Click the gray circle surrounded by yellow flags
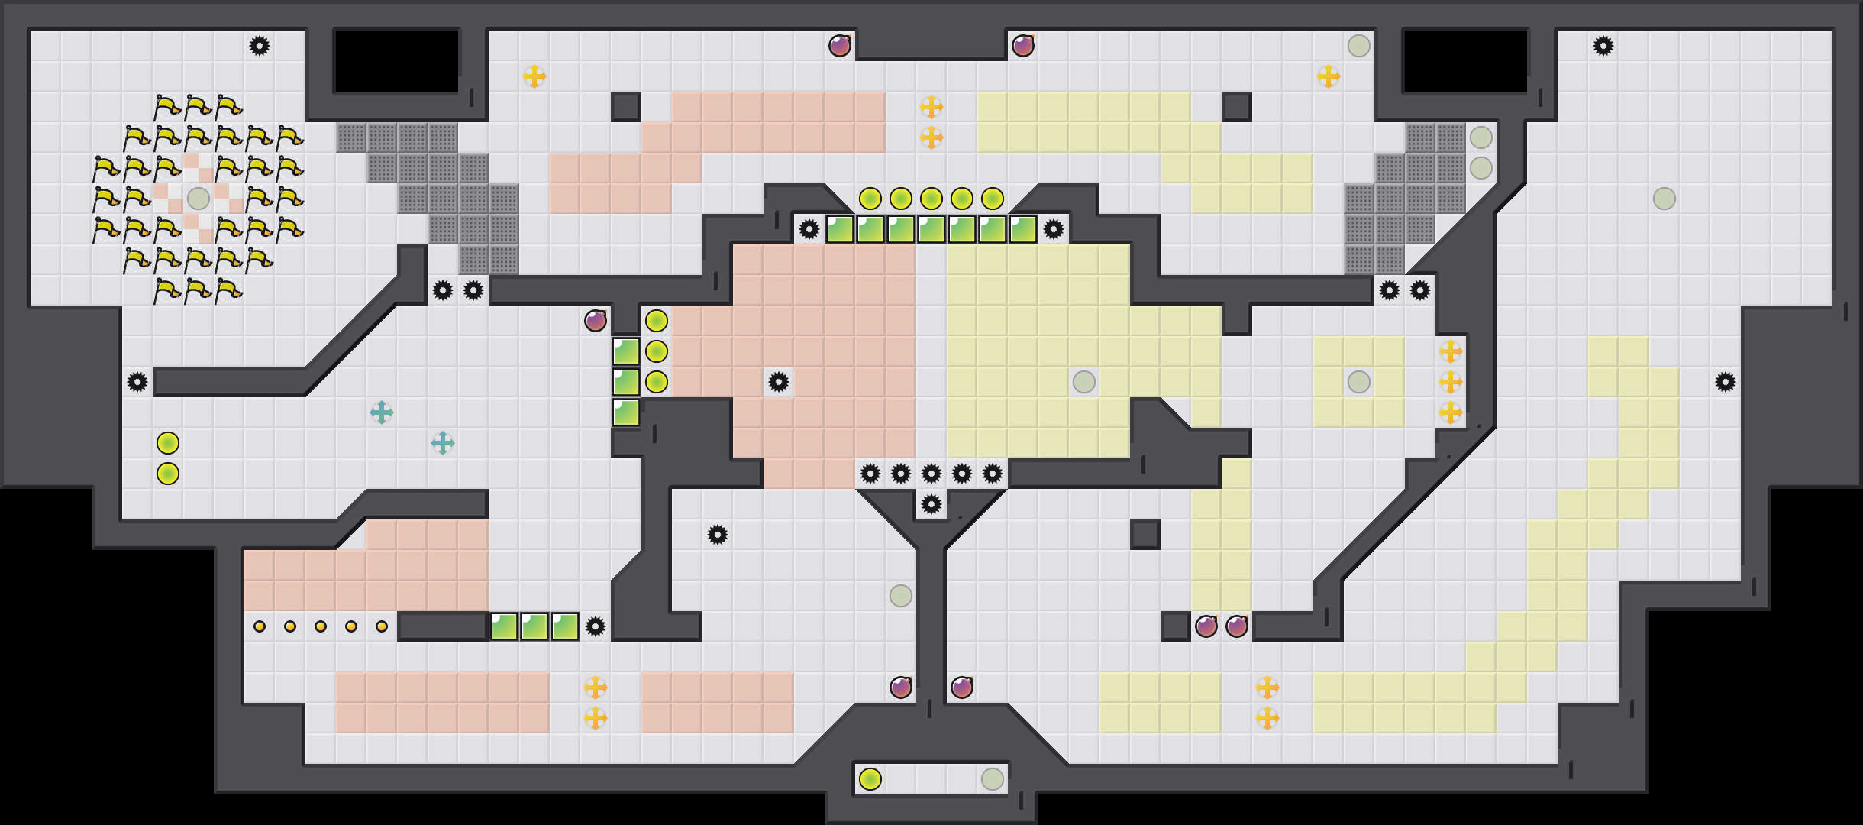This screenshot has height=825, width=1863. click(199, 199)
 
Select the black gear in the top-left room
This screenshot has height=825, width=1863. click(260, 46)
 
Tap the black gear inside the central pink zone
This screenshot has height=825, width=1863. click(779, 382)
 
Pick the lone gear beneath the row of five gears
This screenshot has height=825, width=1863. click(932, 504)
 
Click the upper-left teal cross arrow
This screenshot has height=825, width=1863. click(382, 412)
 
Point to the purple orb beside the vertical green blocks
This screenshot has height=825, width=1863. click(596, 321)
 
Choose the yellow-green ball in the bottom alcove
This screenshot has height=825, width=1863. click(870, 779)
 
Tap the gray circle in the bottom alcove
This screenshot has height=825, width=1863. click(993, 779)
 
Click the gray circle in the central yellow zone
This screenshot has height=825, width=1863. click(1084, 382)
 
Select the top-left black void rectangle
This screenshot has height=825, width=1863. click(397, 61)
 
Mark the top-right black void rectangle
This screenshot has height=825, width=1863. click(1466, 61)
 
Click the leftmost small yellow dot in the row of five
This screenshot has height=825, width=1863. click(260, 626)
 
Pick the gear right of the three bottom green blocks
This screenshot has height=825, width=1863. click(596, 626)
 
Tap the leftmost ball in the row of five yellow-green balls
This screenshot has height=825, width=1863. click(870, 199)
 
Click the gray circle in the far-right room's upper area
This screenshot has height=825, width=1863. click(1664, 199)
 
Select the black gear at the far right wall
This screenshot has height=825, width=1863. click(1726, 382)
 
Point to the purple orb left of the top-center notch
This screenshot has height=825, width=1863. click(840, 46)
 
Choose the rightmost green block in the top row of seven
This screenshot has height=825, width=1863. click(1023, 229)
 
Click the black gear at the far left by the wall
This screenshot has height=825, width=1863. click(137, 382)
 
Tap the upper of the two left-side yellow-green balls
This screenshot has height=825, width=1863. click(168, 443)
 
